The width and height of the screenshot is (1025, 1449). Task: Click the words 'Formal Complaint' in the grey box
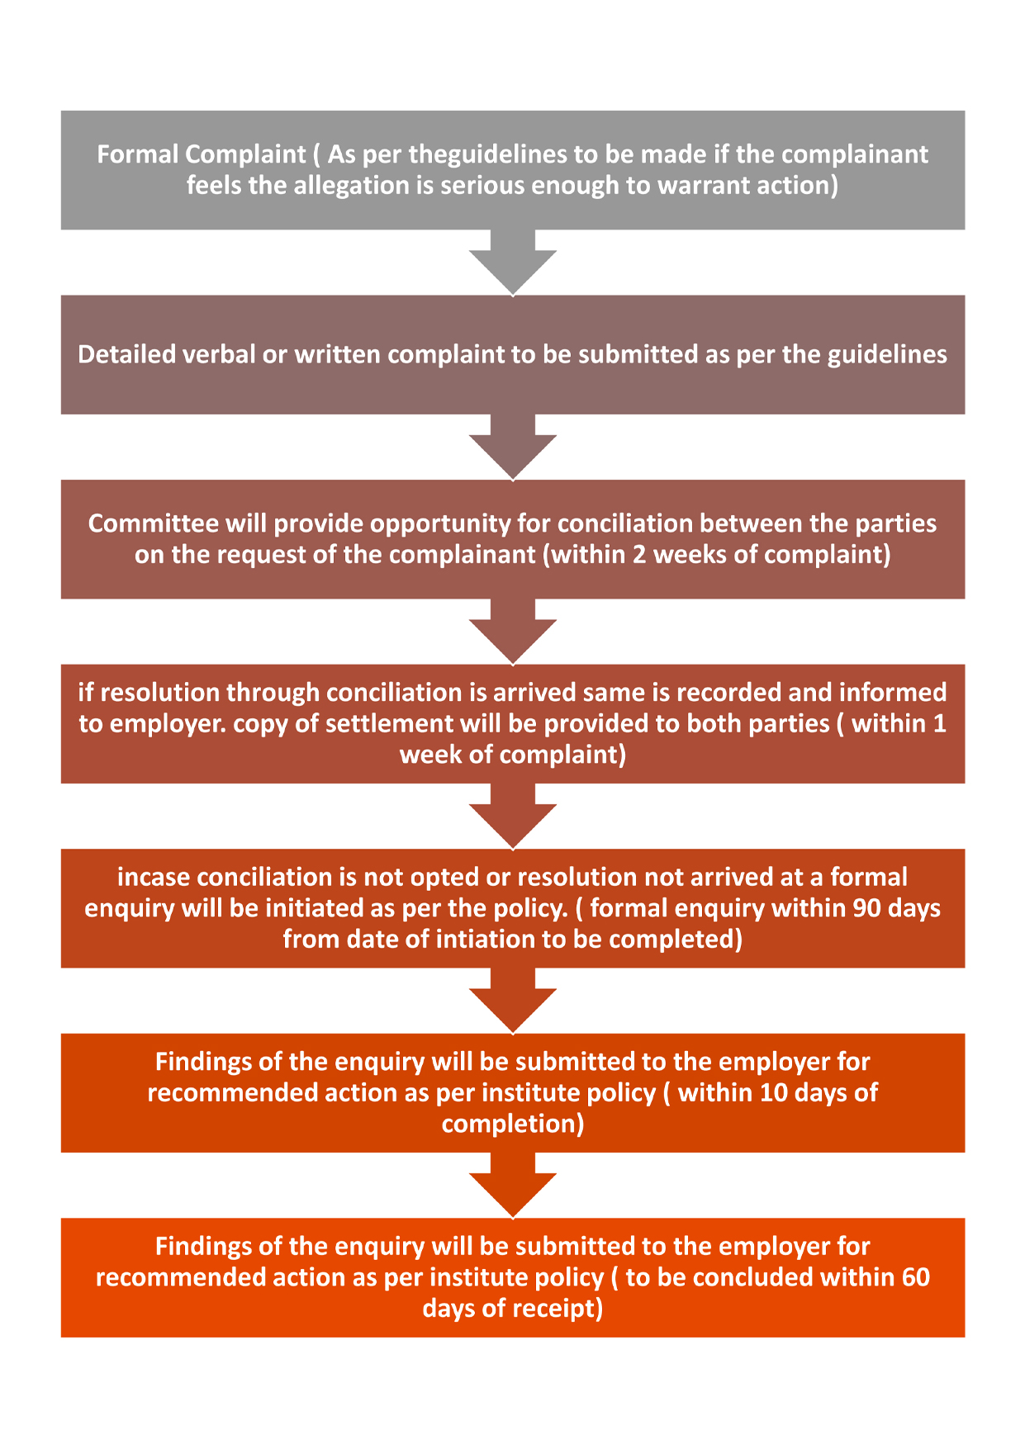[x=202, y=154]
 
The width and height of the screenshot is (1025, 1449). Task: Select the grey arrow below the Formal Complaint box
[x=513, y=262]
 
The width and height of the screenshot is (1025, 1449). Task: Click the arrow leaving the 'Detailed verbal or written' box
[x=513, y=447]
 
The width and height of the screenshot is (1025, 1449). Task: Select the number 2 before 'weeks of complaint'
[x=639, y=554]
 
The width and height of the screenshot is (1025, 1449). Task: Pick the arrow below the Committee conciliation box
[x=513, y=632]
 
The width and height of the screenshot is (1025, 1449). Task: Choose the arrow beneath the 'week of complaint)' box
[x=513, y=816]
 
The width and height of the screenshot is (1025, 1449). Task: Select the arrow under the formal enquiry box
[x=513, y=1001]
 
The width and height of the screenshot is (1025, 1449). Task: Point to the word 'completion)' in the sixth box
[x=513, y=1124]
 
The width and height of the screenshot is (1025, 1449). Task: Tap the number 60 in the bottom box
[x=916, y=1277]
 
